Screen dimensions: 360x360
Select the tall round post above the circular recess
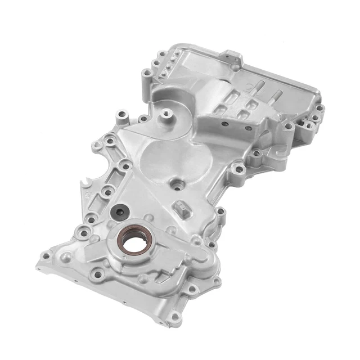tap(165, 115)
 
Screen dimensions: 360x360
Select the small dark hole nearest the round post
tap(224, 124)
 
